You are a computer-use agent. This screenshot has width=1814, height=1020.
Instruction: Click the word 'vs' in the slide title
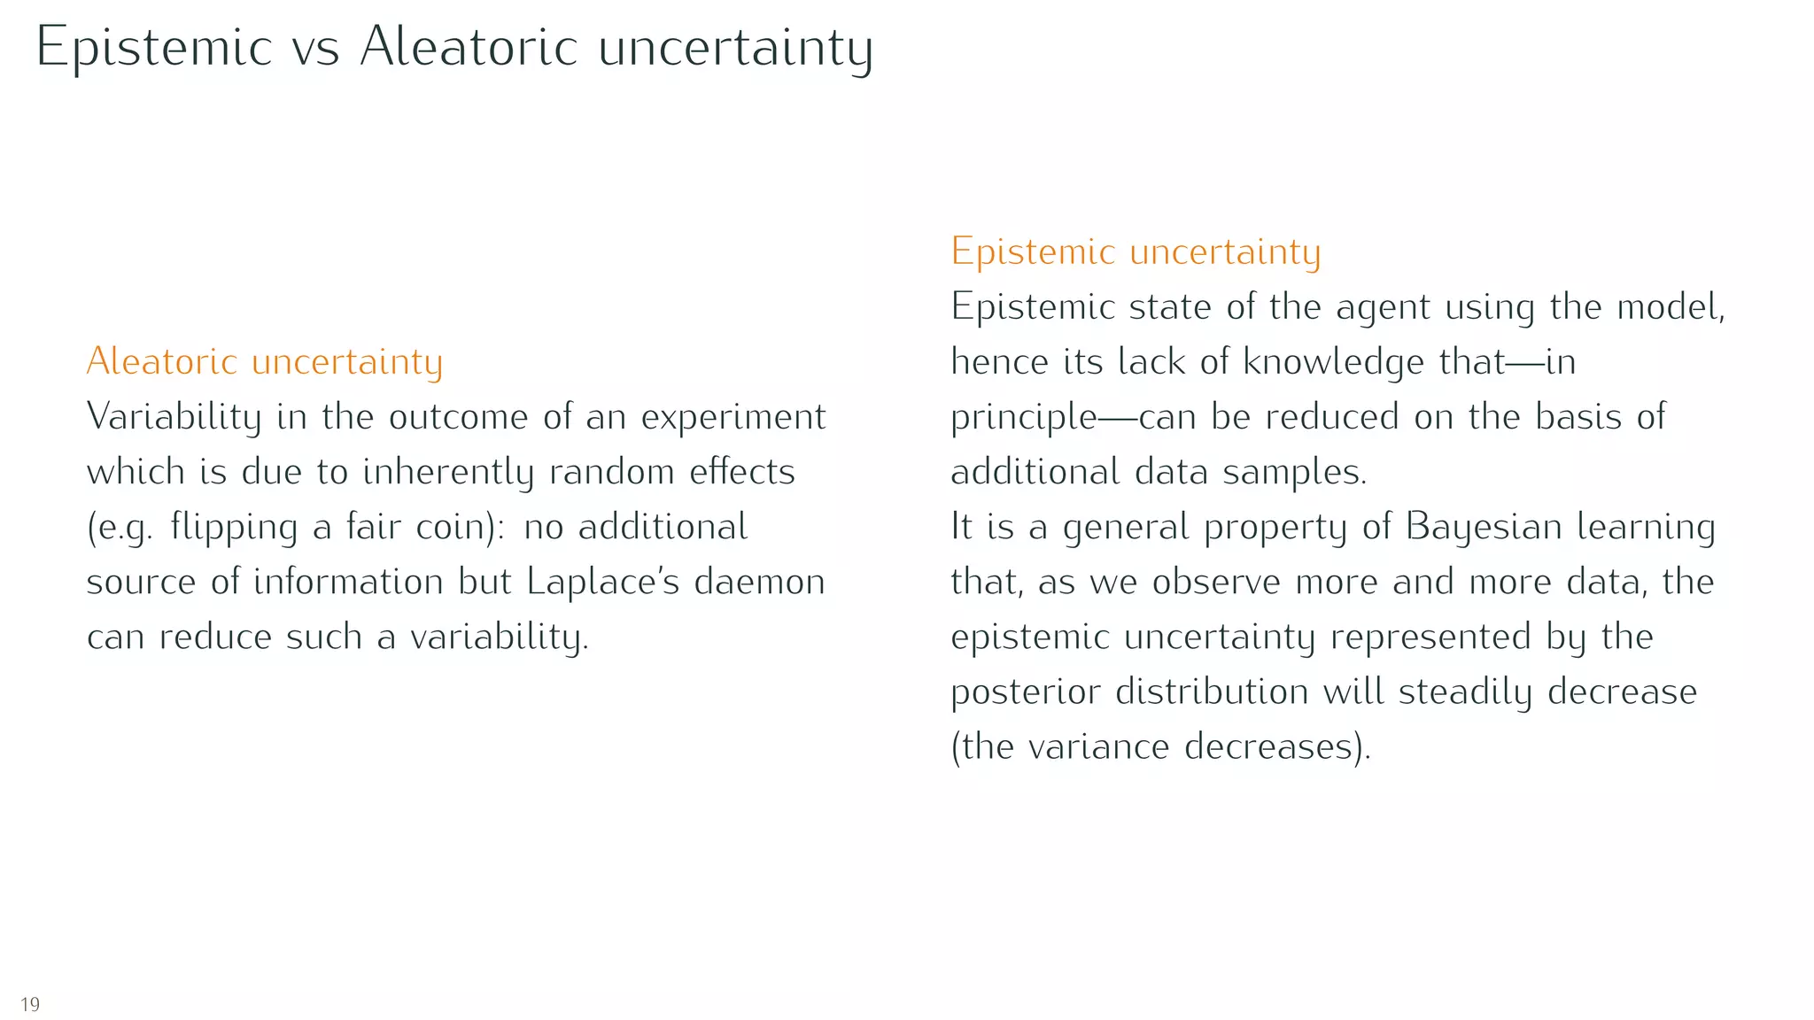pos(314,48)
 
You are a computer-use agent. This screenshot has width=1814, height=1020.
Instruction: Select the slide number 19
pos(30,1004)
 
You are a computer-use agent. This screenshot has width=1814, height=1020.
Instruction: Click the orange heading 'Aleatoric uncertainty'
pos(264,361)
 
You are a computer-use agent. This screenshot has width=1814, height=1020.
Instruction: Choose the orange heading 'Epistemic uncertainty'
pos(1136,251)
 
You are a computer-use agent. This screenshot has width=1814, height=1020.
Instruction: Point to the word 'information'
pos(348,582)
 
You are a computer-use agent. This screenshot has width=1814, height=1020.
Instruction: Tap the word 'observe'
pos(1215,582)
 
